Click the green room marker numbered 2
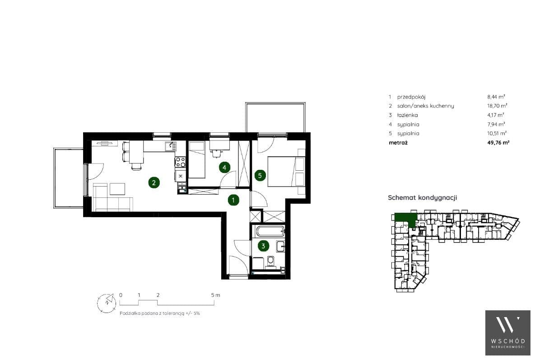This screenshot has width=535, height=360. [x=154, y=183]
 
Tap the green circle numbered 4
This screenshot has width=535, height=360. [x=224, y=168]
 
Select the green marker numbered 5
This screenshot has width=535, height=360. [x=260, y=175]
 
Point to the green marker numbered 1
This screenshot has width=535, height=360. [x=233, y=200]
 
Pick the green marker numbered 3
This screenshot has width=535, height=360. [x=263, y=246]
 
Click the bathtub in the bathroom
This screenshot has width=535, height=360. [x=270, y=232]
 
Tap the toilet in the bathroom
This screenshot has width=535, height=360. [x=270, y=261]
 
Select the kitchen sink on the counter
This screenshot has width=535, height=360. [x=170, y=146]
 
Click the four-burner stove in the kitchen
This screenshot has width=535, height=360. [x=180, y=162]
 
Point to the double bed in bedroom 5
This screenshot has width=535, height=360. [x=286, y=171]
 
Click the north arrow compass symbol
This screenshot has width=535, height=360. [x=107, y=303]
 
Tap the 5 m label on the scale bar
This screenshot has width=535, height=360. [x=216, y=295]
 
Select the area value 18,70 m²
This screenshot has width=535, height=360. [x=497, y=106]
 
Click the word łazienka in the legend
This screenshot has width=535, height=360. [x=407, y=115]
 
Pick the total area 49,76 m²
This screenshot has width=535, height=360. [x=498, y=143]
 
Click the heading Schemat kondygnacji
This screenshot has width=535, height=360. [x=423, y=197]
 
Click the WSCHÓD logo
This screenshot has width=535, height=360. [x=508, y=333]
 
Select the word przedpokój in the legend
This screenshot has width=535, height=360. [x=411, y=97]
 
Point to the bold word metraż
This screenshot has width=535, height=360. [x=398, y=143]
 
